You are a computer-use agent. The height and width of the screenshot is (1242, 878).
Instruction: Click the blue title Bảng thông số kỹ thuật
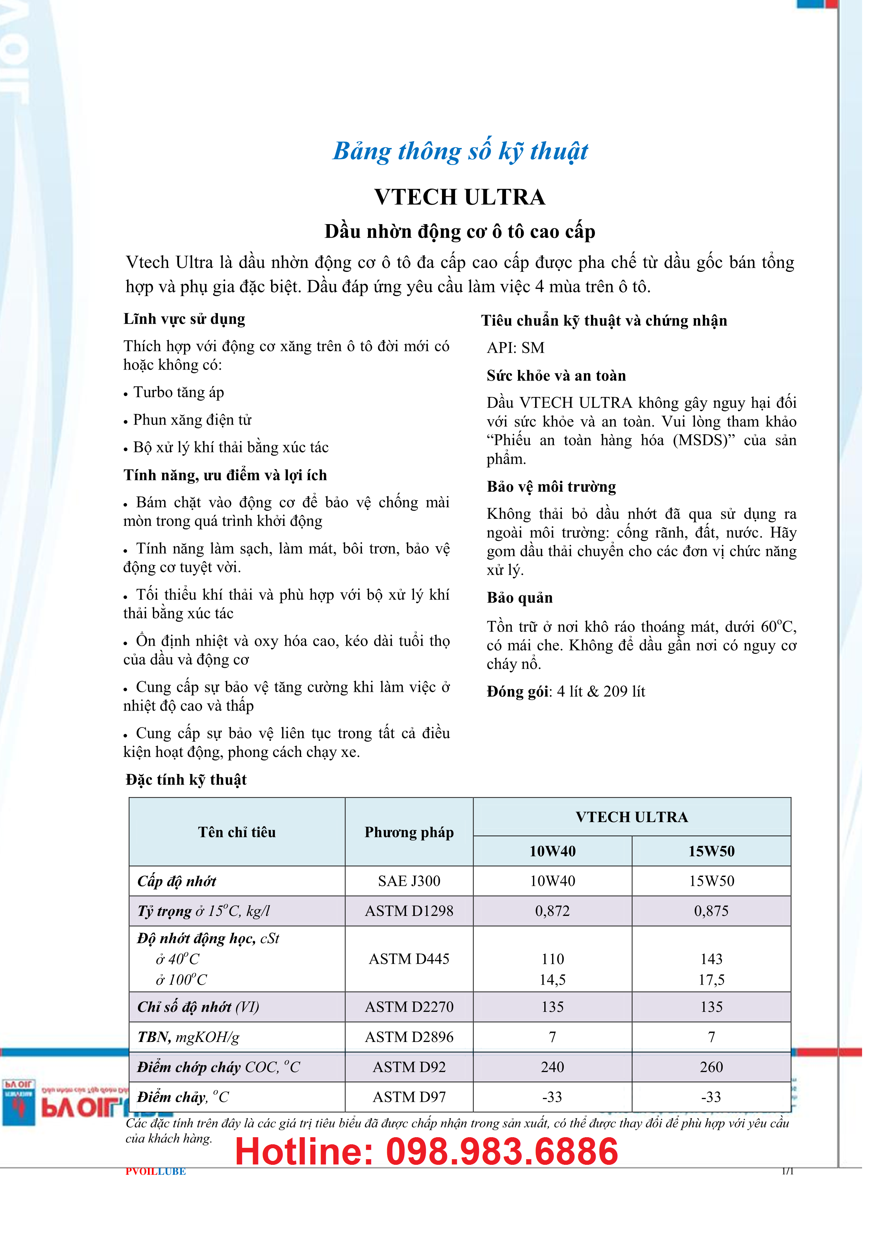460,151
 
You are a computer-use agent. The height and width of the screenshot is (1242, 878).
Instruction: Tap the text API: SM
515,348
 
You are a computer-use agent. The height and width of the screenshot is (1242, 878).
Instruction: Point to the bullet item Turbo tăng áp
178,392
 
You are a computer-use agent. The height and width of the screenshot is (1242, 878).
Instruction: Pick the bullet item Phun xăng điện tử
192,420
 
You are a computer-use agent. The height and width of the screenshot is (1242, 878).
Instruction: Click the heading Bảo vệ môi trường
551,486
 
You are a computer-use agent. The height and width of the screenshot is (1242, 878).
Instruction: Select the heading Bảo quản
520,598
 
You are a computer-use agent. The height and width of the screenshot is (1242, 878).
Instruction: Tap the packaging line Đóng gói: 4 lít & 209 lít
566,691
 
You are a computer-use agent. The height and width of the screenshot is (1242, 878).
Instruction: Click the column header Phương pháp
409,832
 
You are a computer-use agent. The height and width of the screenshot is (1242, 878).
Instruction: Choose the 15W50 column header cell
711,851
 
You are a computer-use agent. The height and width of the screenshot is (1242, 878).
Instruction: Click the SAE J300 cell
409,881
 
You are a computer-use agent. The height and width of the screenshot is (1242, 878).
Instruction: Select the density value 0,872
552,911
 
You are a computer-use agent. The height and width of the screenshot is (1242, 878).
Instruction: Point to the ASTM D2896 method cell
409,1037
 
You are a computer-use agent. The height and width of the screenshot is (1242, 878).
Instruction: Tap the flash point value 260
711,1067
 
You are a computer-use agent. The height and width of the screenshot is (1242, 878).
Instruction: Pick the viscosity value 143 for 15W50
711,959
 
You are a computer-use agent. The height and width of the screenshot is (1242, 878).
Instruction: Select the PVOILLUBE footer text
156,1172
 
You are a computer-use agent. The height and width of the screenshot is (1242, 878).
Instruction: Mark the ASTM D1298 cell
409,911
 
